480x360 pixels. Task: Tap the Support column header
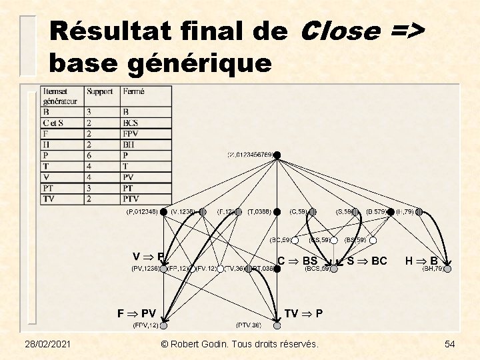pos(99,91)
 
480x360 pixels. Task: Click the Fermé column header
pos(133,91)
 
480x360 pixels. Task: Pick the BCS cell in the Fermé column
pos(130,123)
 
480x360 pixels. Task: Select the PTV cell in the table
pos(131,199)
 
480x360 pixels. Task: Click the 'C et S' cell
pos(53,123)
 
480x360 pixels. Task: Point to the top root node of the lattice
pos(278,155)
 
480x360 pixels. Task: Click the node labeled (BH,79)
pos(448,269)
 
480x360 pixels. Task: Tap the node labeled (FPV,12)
pos(163,327)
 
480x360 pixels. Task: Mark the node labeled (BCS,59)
pos(334,269)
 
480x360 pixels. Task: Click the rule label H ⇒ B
pos(421,261)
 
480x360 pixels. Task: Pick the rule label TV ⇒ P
pos(303,313)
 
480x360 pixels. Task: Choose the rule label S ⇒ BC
pos(367,261)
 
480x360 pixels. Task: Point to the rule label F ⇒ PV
pos(137,313)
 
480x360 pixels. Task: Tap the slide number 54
pos(449,343)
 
